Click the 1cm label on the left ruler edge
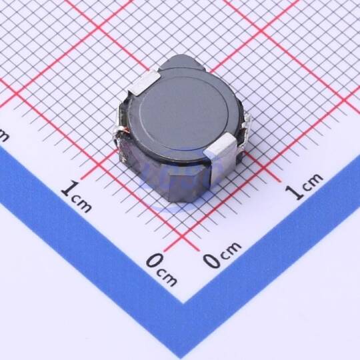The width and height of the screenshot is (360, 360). (x=77, y=197)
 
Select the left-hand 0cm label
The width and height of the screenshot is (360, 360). (x=161, y=269)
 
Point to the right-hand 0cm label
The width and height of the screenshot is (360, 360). (x=222, y=255)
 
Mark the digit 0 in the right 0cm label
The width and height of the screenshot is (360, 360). (x=212, y=261)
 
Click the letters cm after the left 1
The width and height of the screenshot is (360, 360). (x=82, y=204)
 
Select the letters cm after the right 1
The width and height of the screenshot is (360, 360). (x=311, y=181)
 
